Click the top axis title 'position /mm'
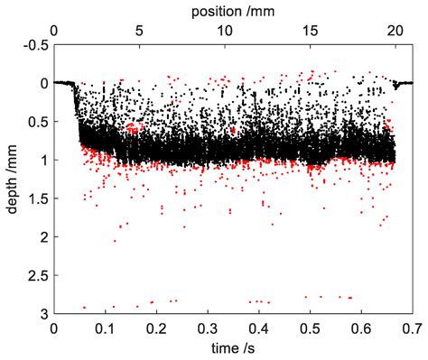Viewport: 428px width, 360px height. [x=233, y=11]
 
